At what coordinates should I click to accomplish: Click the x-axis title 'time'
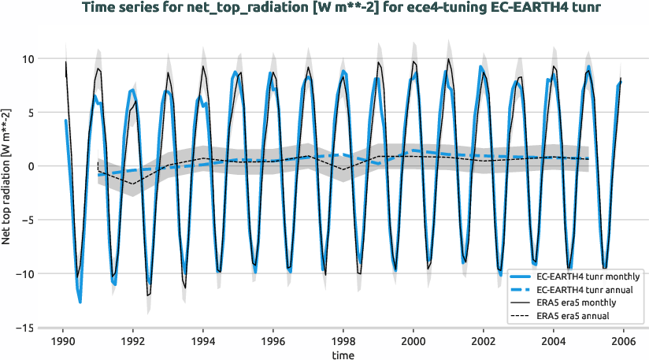pyautogui.click(x=343, y=355)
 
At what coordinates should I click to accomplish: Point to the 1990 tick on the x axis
pyautogui.click(x=63, y=341)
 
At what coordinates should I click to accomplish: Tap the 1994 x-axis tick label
pyautogui.click(x=203, y=341)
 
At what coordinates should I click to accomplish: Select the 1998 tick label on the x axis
pyautogui.click(x=343, y=341)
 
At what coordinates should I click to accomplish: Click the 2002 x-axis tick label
pyautogui.click(x=484, y=341)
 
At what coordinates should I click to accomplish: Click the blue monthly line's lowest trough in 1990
pyautogui.click(x=80, y=302)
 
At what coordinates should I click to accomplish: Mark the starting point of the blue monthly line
pyautogui.click(x=65, y=121)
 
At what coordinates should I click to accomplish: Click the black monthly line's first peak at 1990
pyautogui.click(x=66, y=61)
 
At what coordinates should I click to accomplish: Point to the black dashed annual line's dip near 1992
pyautogui.click(x=133, y=184)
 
